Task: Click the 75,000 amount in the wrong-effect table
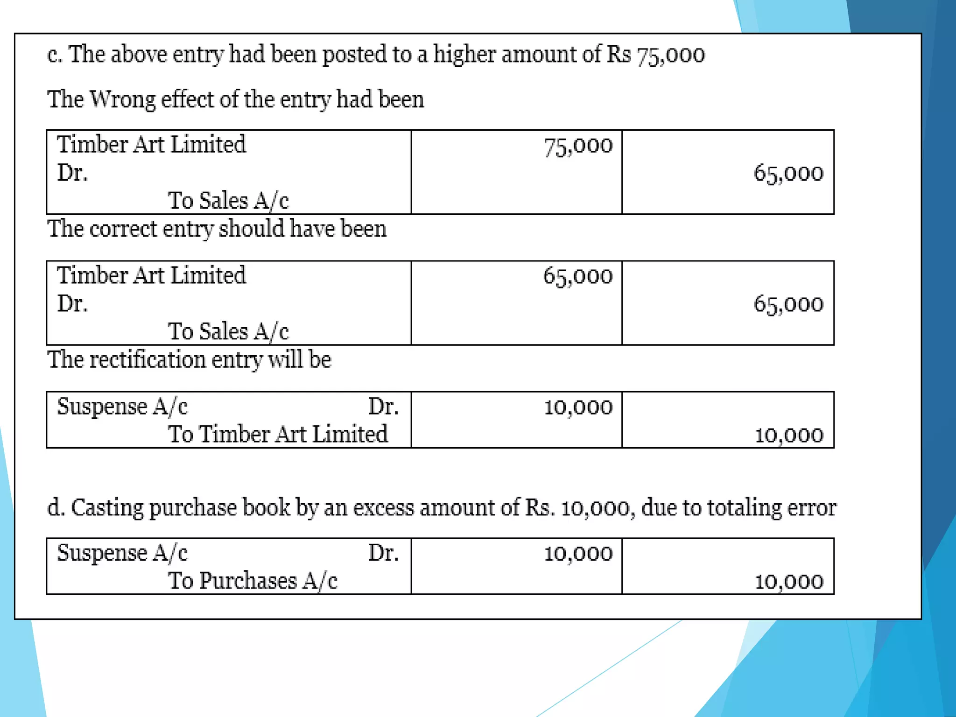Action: coord(578,146)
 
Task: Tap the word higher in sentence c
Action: coord(464,55)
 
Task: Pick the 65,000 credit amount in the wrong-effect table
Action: coord(788,174)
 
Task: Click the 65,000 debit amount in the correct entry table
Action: coord(578,276)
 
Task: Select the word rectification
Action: coord(148,360)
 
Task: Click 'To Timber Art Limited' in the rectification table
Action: coord(278,434)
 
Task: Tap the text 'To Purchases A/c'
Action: coord(253,581)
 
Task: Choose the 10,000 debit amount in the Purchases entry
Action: coord(578,554)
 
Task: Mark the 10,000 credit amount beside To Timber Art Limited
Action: coord(788,435)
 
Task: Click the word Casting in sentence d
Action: coord(107,507)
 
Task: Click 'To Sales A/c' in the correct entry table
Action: coord(228,331)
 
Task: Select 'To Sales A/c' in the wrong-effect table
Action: coord(228,201)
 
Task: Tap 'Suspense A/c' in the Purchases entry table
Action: coord(122,553)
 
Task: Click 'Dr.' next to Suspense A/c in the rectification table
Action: coord(383,407)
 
